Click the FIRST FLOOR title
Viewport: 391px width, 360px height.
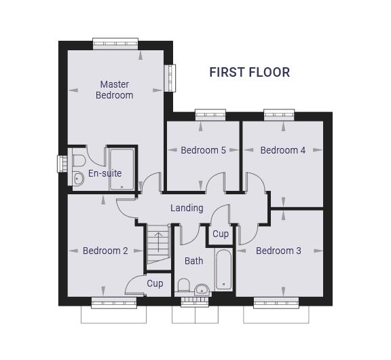click(x=250, y=73)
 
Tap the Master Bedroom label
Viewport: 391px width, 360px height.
click(x=115, y=90)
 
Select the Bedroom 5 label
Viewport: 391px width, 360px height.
click(x=203, y=150)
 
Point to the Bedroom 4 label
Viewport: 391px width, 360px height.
click(x=283, y=150)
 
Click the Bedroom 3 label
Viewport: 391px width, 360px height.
click(x=278, y=251)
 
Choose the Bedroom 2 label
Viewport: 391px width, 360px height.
click(x=105, y=251)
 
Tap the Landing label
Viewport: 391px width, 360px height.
click(x=187, y=208)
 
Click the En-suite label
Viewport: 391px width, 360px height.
click(x=105, y=173)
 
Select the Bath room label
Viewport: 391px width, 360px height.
click(x=193, y=261)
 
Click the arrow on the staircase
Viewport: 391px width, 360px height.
click(x=158, y=242)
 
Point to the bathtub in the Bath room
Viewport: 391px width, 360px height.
click(x=223, y=270)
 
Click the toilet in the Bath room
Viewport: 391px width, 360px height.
click(x=184, y=285)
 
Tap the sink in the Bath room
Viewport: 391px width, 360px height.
click(x=202, y=289)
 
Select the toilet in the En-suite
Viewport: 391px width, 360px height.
click(x=79, y=161)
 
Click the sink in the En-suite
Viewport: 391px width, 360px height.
click(x=78, y=179)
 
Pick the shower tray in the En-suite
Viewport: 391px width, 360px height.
click(x=122, y=170)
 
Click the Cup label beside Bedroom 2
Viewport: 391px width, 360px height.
click(x=155, y=284)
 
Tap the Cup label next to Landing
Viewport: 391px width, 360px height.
click(x=221, y=234)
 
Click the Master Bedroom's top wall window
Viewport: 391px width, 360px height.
click(x=115, y=44)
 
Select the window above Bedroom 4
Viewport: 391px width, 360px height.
click(x=279, y=115)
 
